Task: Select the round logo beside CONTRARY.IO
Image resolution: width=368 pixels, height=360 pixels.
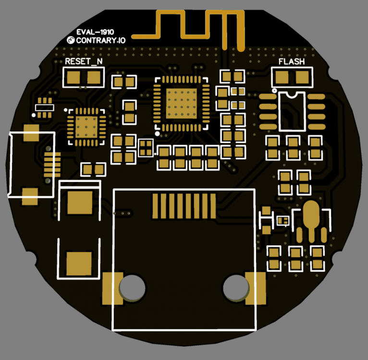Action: tap(70, 41)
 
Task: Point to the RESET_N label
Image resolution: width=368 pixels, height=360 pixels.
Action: tap(84, 62)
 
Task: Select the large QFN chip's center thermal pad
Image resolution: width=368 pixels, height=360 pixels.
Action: tap(181, 103)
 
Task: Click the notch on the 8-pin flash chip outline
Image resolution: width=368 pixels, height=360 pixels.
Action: tap(292, 95)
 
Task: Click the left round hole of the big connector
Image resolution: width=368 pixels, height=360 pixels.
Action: tap(132, 287)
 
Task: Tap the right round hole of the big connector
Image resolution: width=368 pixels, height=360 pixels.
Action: tap(235, 288)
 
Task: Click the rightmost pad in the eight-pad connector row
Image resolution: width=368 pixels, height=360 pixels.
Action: tap(212, 205)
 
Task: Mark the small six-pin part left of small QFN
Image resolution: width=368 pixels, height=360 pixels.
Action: tap(44, 108)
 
